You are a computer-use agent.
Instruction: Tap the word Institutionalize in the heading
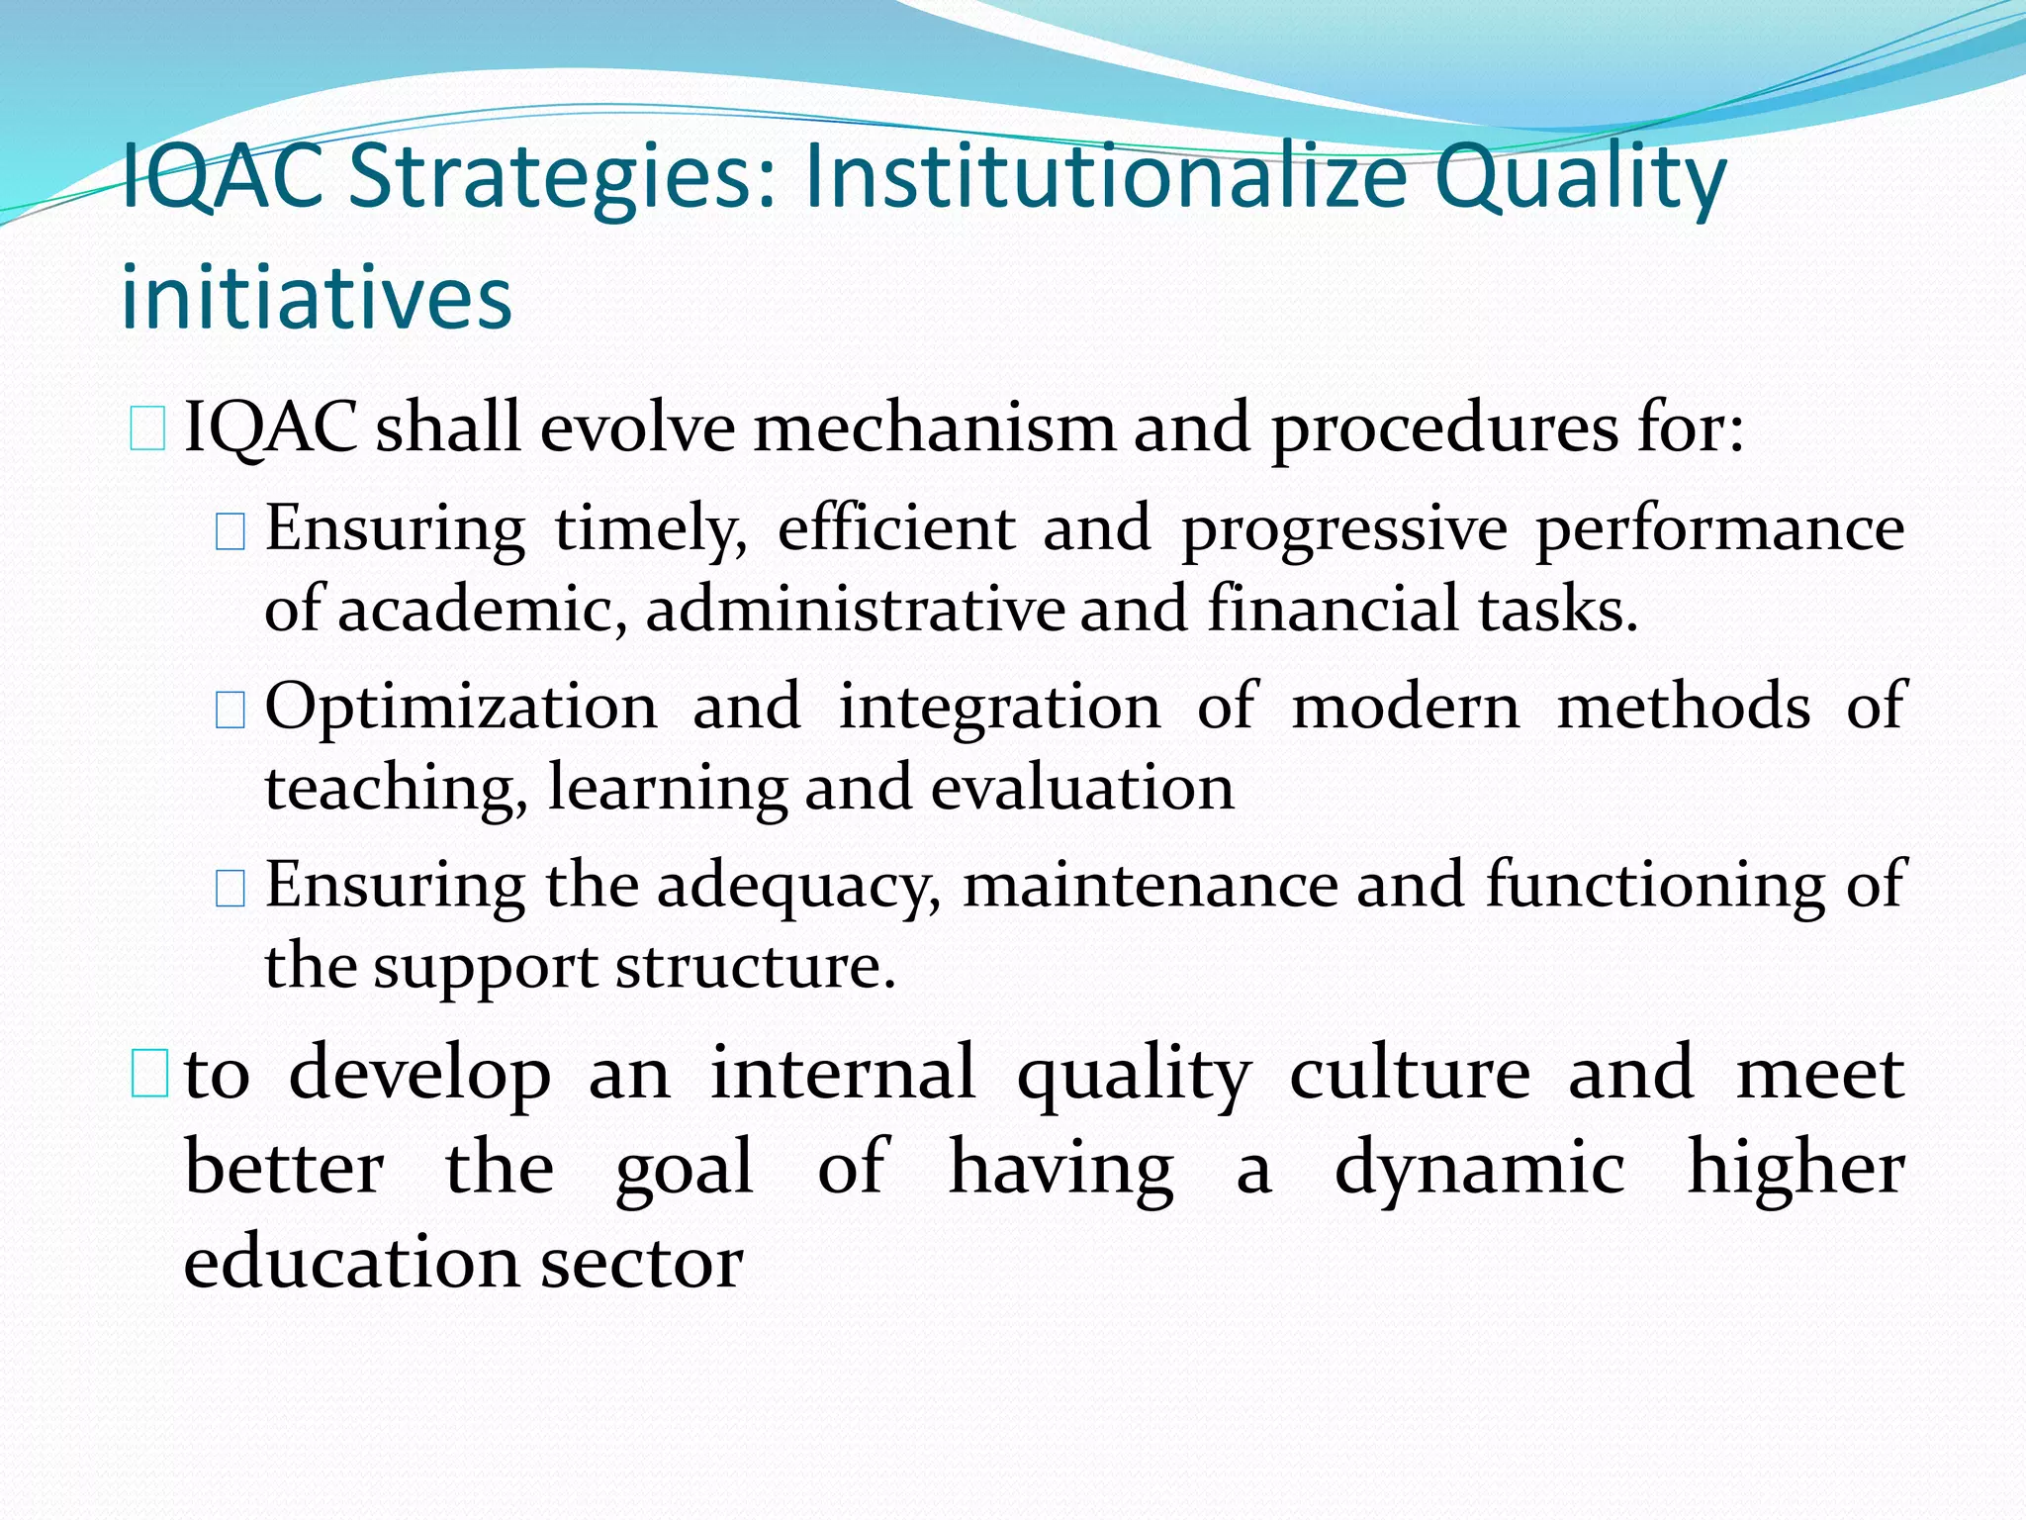click(1106, 178)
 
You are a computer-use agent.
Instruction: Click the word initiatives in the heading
click(317, 298)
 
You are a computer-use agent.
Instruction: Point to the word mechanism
click(934, 429)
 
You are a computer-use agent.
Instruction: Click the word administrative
click(855, 609)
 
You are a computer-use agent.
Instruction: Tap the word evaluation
click(1082, 789)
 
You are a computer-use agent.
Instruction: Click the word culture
click(1410, 1074)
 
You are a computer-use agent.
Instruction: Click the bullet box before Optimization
click(230, 710)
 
